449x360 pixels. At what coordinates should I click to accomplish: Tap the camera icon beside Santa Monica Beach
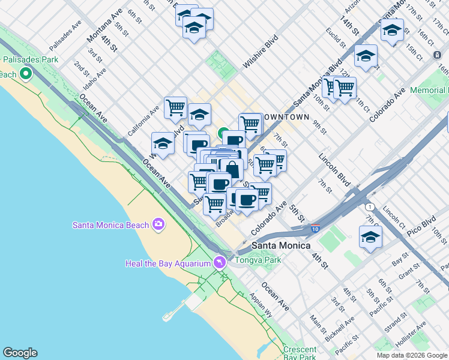(158, 224)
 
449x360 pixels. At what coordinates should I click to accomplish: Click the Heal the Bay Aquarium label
(167, 263)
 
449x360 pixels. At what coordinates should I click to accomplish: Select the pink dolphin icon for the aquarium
(220, 263)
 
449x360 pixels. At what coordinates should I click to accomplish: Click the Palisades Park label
(30, 59)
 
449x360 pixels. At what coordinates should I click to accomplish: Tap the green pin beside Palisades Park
(25, 74)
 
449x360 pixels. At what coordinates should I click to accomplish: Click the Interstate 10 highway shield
(315, 228)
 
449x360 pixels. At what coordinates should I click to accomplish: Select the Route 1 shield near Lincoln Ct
(371, 207)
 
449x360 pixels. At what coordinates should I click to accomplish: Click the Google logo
(20, 353)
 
